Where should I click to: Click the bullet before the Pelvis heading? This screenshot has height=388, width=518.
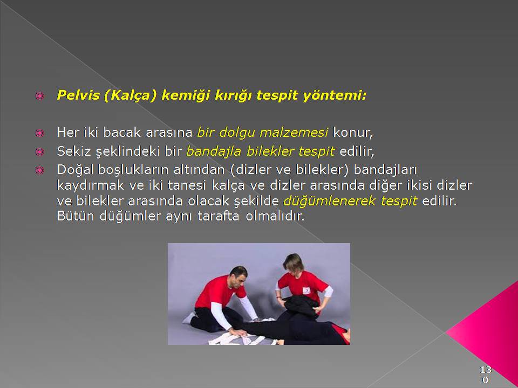pos(39,96)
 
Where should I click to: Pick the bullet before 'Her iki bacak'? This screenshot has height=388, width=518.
pos(39,133)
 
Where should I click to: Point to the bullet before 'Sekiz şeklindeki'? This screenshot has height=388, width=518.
pos(39,152)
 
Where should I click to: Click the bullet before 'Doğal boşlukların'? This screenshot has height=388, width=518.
pos(39,170)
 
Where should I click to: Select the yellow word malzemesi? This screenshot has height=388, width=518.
pos(294,133)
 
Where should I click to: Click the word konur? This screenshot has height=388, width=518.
pos(353,133)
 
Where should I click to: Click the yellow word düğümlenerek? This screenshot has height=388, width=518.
pos(330,201)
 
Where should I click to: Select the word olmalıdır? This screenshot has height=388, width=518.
pos(275,216)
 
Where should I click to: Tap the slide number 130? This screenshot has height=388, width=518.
pos(486,375)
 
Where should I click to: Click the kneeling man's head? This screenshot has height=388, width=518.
pos(238,275)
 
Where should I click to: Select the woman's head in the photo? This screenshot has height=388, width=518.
pos(294,263)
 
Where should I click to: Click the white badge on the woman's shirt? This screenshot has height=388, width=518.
pos(306,290)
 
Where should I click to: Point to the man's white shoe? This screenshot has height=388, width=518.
pos(189,318)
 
